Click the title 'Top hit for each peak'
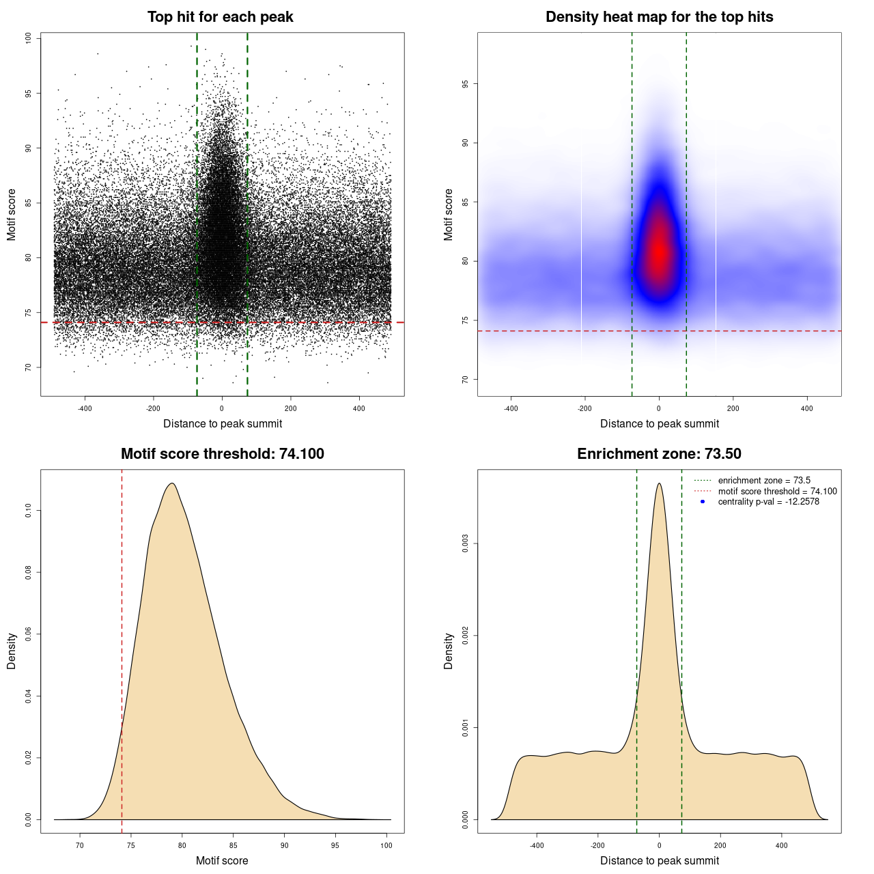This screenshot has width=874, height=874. coord(220,17)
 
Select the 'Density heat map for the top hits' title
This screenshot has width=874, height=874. coord(659,17)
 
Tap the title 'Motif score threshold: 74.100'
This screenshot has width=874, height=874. coord(222,454)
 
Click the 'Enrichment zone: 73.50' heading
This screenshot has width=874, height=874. coord(659,454)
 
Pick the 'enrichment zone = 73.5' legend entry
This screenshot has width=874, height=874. coord(764,481)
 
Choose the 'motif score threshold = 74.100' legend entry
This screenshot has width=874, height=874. coord(777,491)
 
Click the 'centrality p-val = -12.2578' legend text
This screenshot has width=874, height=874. coord(768,502)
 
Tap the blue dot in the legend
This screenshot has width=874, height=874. coord(703,502)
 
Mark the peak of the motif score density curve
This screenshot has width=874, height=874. coord(172,483)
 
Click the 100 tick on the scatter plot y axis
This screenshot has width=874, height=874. coord(28,38)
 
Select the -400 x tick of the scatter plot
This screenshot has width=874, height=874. coord(85,408)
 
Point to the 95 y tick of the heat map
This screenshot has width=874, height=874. coord(465,84)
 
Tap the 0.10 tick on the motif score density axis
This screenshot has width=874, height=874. coord(28,510)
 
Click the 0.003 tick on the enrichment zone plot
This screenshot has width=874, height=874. coord(465,544)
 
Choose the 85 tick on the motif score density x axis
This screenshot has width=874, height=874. coord(234,845)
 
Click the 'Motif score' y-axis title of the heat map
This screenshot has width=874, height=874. coord(448,214)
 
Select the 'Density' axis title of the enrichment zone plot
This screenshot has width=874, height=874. coord(448,651)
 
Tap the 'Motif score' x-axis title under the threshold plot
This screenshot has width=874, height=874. coord(222,860)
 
